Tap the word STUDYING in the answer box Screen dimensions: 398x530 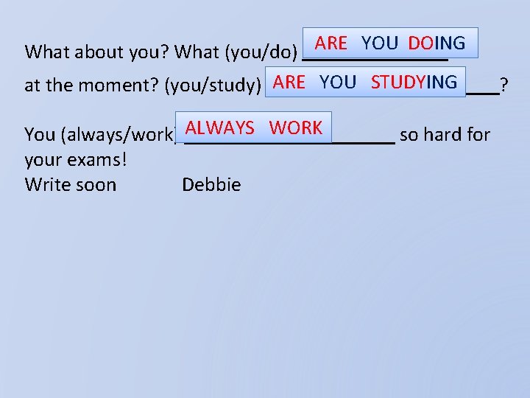coord(414,82)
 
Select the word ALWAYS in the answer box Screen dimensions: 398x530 coord(219,128)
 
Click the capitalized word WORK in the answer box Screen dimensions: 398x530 coord(295,128)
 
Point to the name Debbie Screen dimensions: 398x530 coord(211,184)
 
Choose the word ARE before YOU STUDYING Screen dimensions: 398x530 coord(289,82)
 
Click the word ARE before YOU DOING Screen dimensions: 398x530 coord(331,43)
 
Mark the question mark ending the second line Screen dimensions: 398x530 coord(504,86)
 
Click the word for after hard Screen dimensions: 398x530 coord(478,134)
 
